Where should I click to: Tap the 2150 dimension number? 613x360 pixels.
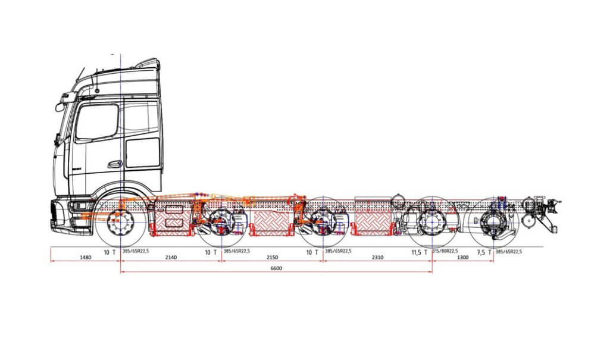tap(271, 257)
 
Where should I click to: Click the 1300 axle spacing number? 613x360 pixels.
tap(462, 257)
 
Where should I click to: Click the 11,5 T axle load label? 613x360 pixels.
tap(419, 252)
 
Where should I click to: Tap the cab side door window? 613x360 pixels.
tap(97, 121)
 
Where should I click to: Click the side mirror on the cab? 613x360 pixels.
tap(61, 107)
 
